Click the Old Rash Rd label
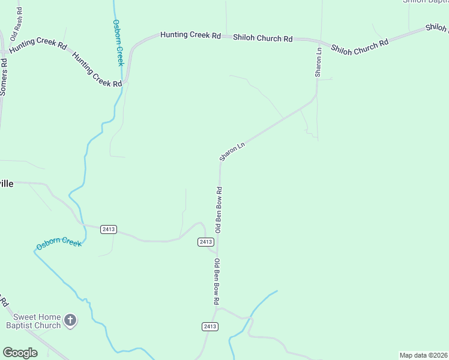point(17,23)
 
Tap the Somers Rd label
point(4,77)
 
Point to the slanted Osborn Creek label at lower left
point(58,244)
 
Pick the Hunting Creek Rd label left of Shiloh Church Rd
point(190,35)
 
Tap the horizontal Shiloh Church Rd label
point(262,38)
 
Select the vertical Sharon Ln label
point(319,62)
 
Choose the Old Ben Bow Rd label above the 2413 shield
point(219,209)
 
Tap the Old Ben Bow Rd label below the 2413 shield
point(217,281)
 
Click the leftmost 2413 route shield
point(109,229)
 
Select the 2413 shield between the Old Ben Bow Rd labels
point(205,241)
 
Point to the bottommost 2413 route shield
point(209,326)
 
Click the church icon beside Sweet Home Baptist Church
point(70,321)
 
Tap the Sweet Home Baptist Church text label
point(34,321)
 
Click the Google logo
point(20,353)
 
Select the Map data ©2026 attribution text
point(423,355)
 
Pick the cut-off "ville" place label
point(6,184)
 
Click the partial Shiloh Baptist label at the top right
point(426,2)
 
